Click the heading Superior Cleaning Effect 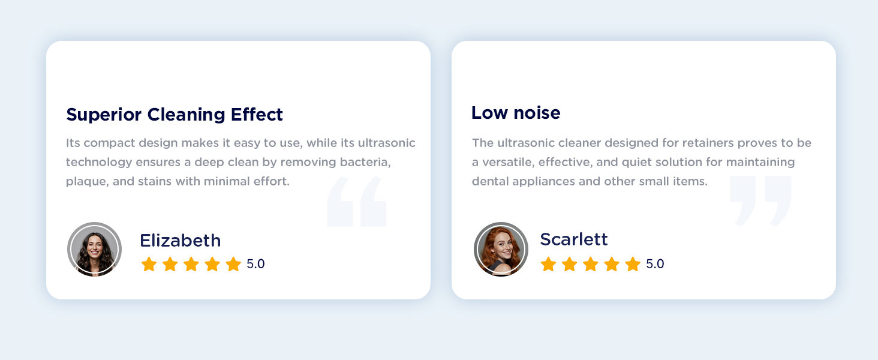(175, 114)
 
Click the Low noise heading (516, 112)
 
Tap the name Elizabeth (180, 241)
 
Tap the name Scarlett (574, 239)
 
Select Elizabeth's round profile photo (94, 249)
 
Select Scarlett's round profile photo (501, 249)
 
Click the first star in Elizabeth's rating (149, 264)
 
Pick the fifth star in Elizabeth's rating (233, 264)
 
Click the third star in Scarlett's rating (591, 264)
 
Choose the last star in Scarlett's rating (633, 264)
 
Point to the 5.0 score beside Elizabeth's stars (255, 264)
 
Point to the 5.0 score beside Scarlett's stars (655, 264)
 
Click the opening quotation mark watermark (356, 202)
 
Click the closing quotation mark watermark (760, 200)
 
